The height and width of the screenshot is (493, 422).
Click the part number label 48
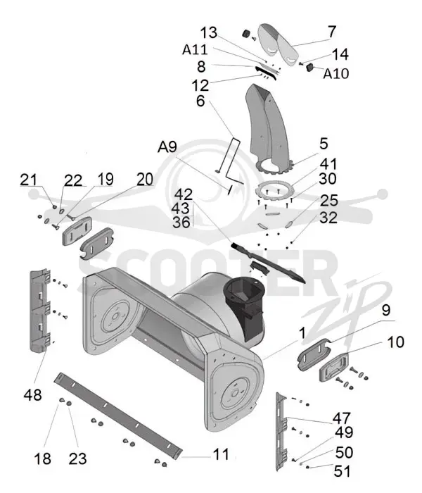click(32, 394)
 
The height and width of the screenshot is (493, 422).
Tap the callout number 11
click(221, 454)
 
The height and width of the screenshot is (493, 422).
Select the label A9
click(167, 146)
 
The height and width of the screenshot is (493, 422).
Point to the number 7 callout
click(332, 32)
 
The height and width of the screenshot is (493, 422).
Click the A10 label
click(336, 73)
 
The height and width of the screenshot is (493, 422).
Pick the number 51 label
click(342, 471)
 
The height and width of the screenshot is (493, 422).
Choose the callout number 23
click(77, 458)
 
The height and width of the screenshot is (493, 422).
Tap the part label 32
click(328, 218)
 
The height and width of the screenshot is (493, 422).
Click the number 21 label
click(28, 180)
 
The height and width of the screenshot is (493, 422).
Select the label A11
click(195, 50)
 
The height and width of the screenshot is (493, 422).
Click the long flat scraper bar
click(118, 416)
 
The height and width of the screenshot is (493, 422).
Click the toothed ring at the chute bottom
click(275, 166)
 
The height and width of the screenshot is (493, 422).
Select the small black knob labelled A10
click(310, 68)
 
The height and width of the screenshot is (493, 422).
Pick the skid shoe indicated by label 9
click(313, 354)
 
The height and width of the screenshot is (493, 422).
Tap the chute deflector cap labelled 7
click(279, 44)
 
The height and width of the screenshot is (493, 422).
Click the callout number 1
click(302, 333)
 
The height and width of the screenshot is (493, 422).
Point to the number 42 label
click(184, 194)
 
